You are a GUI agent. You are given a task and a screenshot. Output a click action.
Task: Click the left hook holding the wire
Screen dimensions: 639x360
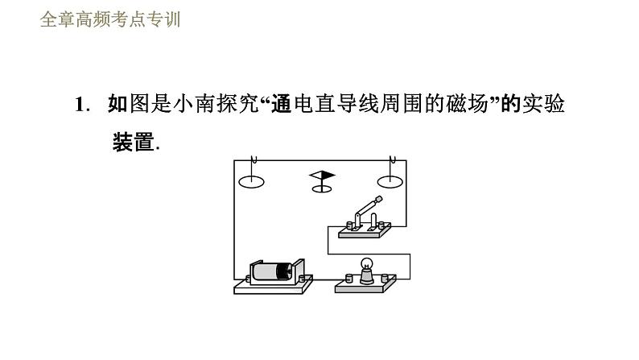click(252, 161)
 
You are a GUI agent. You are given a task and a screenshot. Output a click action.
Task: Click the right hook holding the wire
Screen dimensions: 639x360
click(391, 161)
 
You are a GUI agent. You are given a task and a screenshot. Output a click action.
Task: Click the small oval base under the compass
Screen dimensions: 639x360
click(322, 188)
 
